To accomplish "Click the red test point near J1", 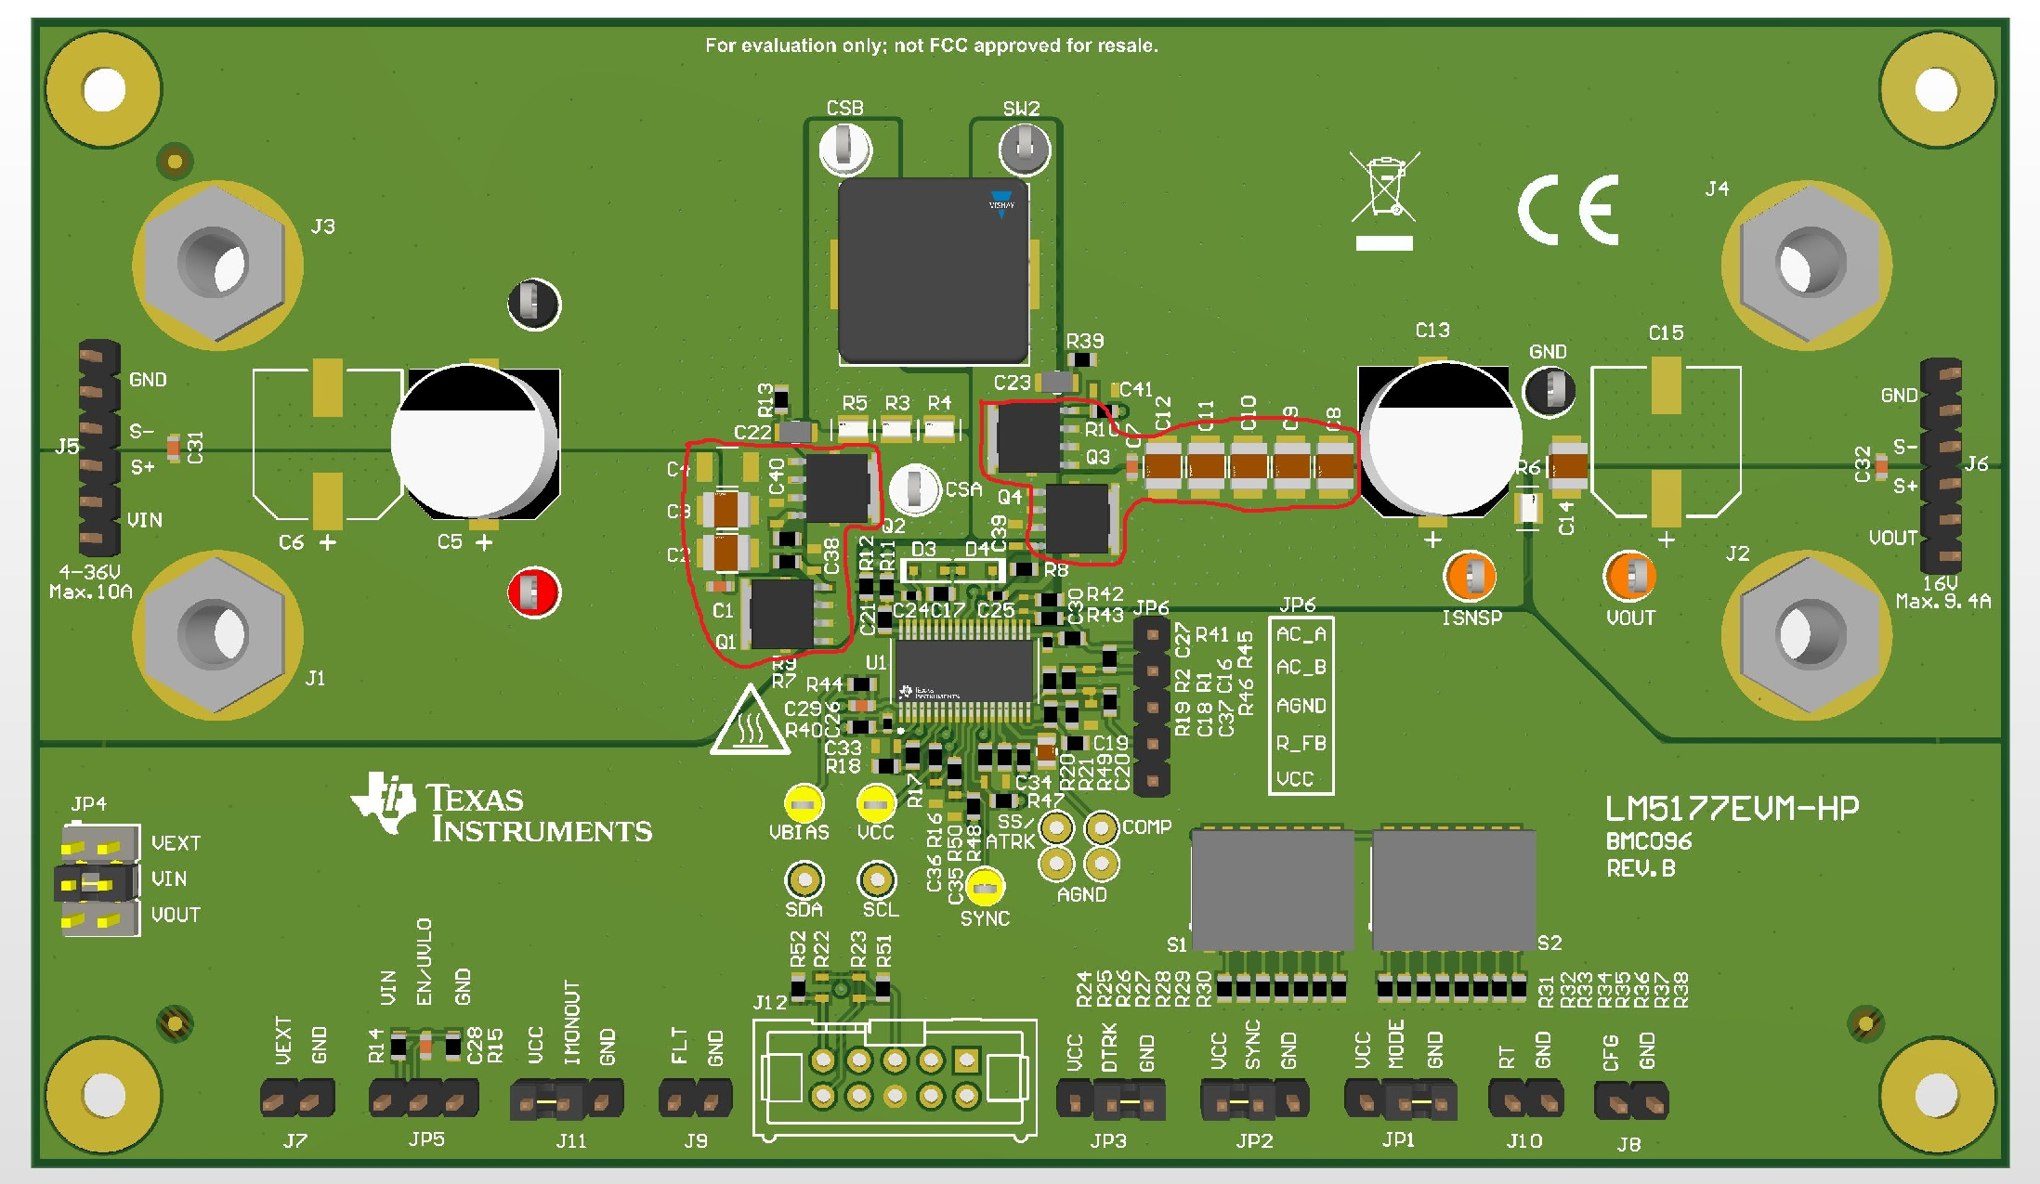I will coord(533,592).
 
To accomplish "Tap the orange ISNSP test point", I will coord(1470,577).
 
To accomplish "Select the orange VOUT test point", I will coord(1629,577).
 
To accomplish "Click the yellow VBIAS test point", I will coord(804,803).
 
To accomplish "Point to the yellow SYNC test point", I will coord(985,888).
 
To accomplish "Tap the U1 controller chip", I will coord(964,672).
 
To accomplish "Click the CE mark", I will coord(1568,210).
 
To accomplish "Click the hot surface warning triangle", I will coord(750,724).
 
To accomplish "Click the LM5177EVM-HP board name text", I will coord(1733,809).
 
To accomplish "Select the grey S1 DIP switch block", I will coord(1272,890).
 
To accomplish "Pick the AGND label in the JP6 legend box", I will coord(1301,706).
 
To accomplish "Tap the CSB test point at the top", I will coord(845,148).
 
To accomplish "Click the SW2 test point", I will coord(1024,149).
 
